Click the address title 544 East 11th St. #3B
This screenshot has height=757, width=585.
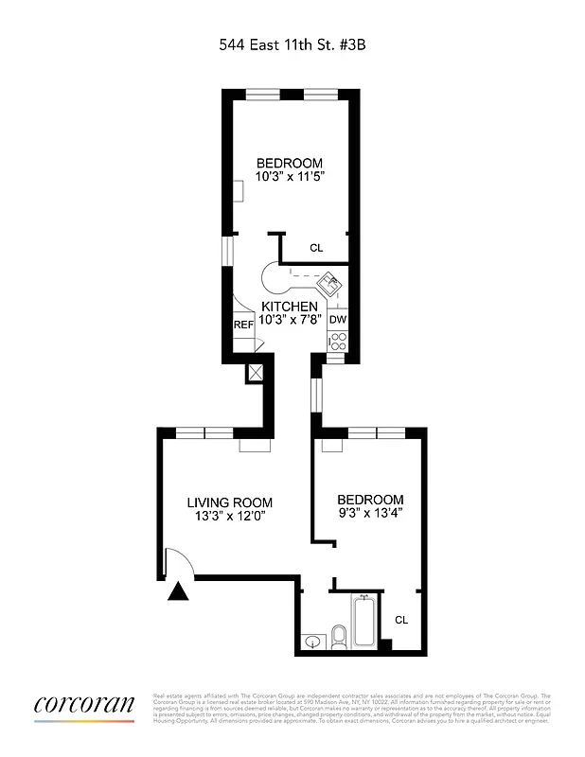292,43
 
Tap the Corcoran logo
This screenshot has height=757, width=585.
84,705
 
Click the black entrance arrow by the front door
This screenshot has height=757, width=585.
177,591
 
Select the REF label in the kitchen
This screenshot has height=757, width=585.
243,325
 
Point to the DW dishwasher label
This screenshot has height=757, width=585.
338,320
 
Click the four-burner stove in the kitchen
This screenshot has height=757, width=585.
338,343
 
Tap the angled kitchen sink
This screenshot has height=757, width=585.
331,283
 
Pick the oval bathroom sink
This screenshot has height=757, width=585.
313,643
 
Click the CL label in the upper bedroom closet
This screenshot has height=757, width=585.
316,248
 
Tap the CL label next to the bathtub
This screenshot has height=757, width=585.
401,620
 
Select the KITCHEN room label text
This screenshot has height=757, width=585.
290,307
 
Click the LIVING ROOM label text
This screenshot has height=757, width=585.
229,502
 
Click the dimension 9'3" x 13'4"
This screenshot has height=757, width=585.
371,514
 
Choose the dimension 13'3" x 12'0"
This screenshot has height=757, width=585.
230,517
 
